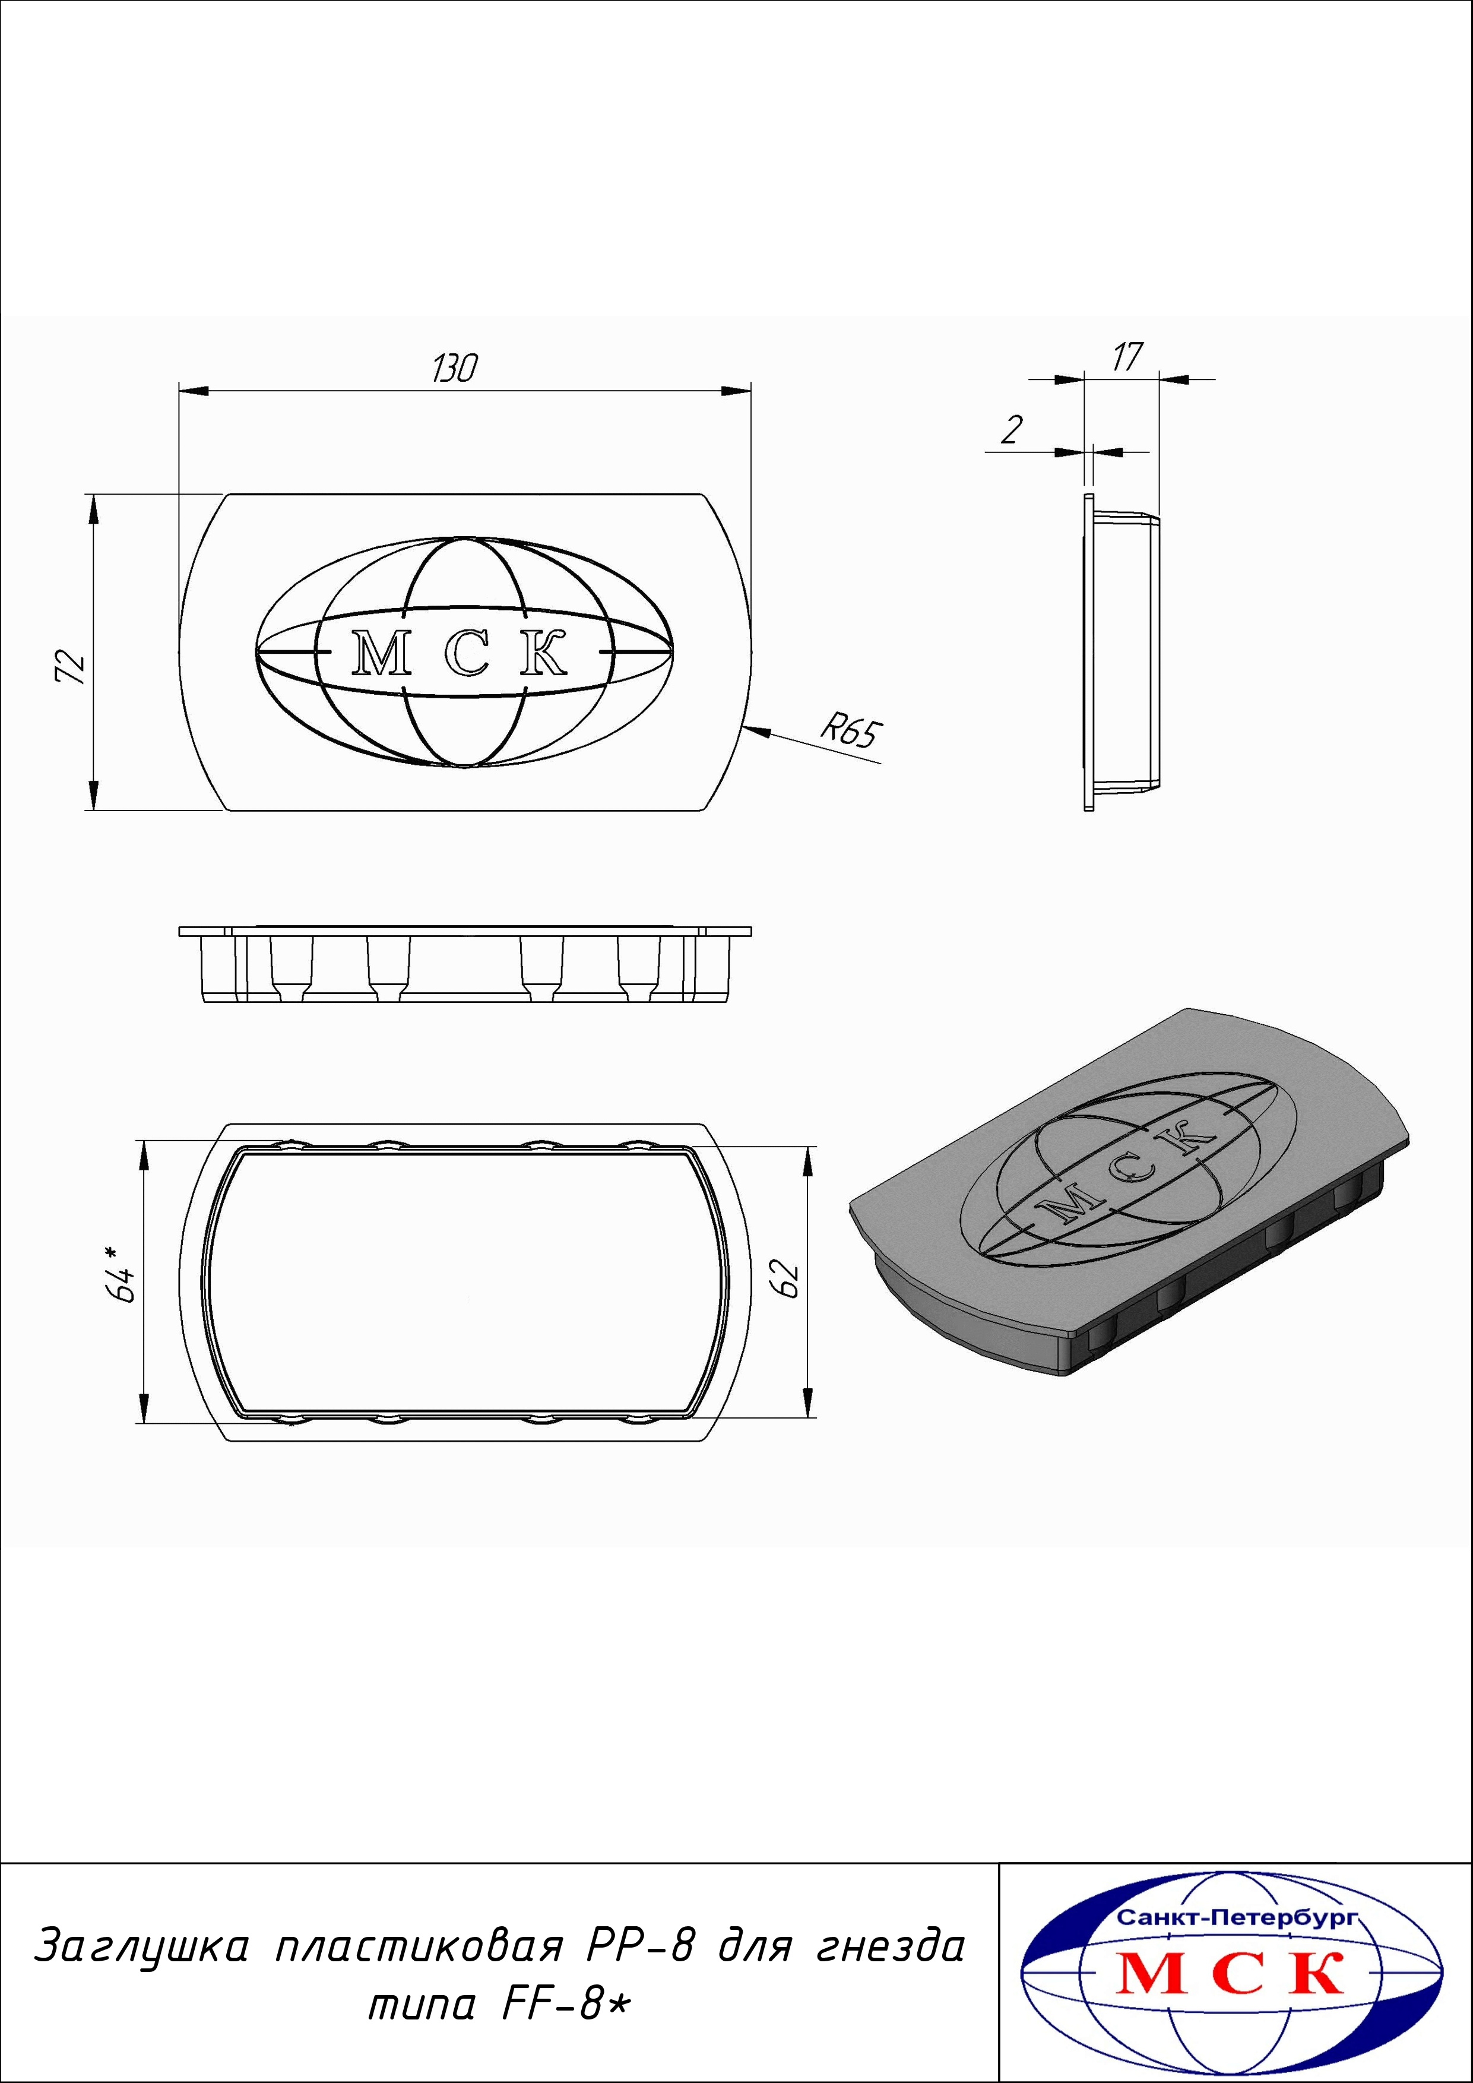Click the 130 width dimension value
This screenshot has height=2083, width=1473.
coord(454,368)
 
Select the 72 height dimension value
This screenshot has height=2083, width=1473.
coord(72,668)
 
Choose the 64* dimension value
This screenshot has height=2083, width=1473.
coord(122,1274)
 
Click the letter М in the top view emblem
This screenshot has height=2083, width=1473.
coord(381,653)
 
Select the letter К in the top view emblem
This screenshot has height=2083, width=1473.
coord(544,653)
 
